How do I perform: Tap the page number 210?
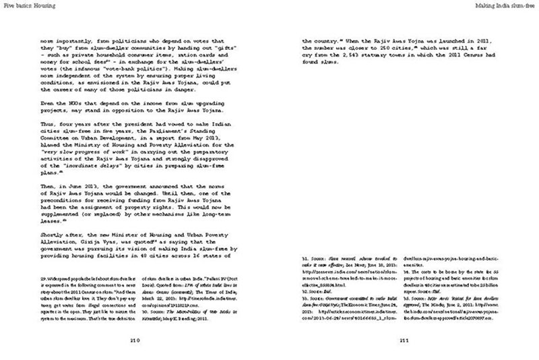pyautogui.click(x=135, y=341)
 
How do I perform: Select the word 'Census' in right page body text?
pyautogui.click(x=454, y=61)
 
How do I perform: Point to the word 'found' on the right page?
pyautogui.click(x=313, y=68)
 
